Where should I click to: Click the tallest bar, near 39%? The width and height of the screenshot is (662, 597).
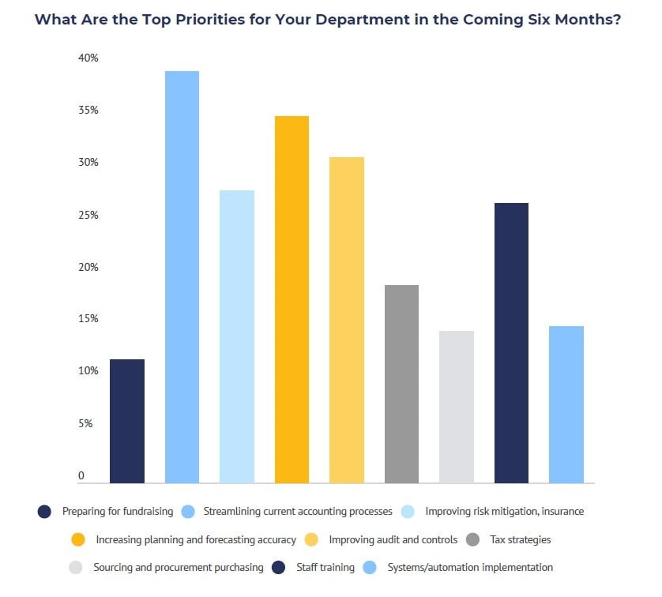(182, 276)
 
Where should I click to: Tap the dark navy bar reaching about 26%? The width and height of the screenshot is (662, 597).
(511, 343)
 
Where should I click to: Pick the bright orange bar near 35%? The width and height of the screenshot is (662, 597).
(292, 299)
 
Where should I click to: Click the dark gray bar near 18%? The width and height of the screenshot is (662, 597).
(401, 384)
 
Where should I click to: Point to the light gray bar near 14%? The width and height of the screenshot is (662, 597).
(457, 407)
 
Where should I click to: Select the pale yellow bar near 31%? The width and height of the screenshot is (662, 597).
(347, 320)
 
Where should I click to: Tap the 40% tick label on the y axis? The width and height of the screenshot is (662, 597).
(88, 58)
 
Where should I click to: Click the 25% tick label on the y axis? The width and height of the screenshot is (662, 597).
(88, 215)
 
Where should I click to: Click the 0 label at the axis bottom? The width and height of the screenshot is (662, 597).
(81, 475)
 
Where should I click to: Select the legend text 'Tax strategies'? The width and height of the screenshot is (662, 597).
(521, 540)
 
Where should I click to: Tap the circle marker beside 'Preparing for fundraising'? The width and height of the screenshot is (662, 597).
(45, 512)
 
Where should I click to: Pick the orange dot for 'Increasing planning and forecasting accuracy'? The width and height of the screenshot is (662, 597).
(78, 540)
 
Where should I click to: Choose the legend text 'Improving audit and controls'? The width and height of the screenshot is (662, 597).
(393, 540)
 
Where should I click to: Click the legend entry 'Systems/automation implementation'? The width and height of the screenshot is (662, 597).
(470, 568)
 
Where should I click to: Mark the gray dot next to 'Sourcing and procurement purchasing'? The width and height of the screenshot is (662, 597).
(76, 568)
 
